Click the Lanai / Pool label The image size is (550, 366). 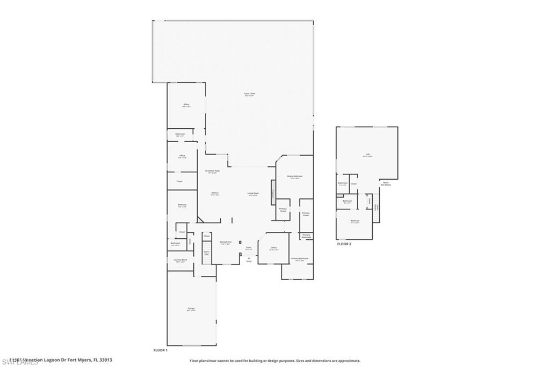(x=249, y=94)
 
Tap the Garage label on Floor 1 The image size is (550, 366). (x=191, y=309)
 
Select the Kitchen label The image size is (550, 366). (x=214, y=193)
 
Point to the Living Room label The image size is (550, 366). (x=253, y=193)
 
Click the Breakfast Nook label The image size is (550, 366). (x=212, y=172)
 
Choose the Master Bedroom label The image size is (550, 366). (x=294, y=177)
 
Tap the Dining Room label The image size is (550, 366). (x=226, y=242)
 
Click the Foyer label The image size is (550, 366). (x=248, y=248)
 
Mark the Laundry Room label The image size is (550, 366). (x=180, y=260)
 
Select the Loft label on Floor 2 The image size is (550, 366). (x=368, y=155)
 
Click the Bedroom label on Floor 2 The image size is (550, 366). (x=354, y=221)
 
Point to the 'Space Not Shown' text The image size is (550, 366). (x=386, y=183)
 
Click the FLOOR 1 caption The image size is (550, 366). (x=161, y=350)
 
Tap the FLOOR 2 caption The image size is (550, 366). (x=344, y=244)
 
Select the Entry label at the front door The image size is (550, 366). (x=249, y=261)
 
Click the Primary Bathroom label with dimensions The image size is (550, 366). (x=300, y=259)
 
